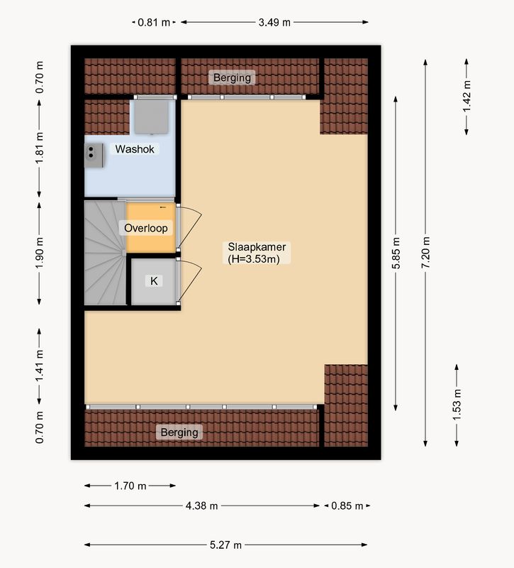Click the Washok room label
point(135,149)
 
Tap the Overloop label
point(146,228)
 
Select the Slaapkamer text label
point(257,247)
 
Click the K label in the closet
point(154,280)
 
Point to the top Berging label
point(233,77)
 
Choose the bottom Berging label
point(179,432)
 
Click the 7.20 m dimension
point(426,253)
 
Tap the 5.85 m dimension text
point(396,253)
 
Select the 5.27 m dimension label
point(225,545)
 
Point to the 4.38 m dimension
point(202,506)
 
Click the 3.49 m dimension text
point(274,23)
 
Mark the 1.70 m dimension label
point(130,486)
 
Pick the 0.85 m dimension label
point(347,506)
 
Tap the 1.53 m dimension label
point(457,405)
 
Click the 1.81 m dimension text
point(40,148)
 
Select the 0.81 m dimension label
point(154,23)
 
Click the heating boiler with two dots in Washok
point(94,155)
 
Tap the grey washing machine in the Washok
point(152,116)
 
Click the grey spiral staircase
point(105,253)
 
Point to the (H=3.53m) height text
point(254,259)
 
